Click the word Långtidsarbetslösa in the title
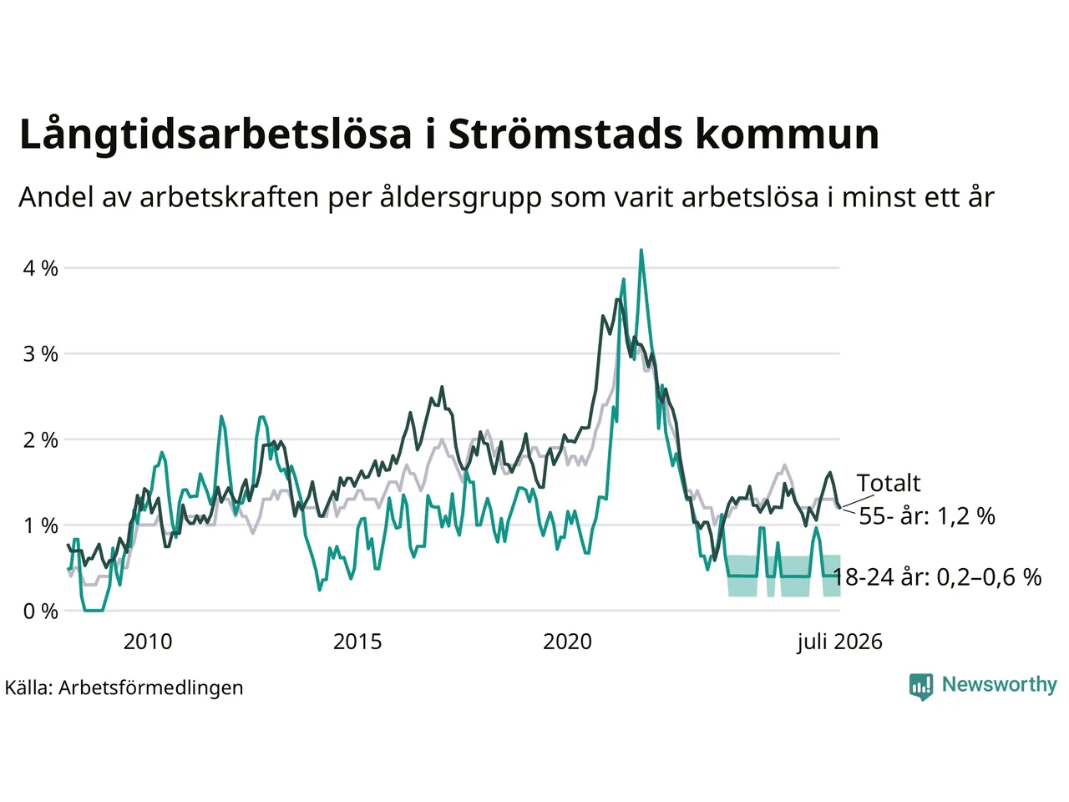(215, 135)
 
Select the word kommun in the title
(788, 134)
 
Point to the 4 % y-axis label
(40, 268)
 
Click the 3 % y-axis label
(40, 354)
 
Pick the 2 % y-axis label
(40, 440)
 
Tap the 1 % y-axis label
(40, 526)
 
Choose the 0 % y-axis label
(40, 612)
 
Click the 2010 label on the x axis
(148, 642)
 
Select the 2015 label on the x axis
(357, 642)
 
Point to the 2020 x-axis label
(567, 642)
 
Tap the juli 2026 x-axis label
(839, 642)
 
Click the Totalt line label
(889, 484)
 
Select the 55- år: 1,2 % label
(927, 516)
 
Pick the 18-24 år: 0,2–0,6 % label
(938, 577)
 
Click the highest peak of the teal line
(641, 251)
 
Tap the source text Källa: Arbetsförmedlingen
(124, 688)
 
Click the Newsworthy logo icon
(921, 687)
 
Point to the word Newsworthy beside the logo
(1000, 685)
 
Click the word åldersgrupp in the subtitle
(460, 199)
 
